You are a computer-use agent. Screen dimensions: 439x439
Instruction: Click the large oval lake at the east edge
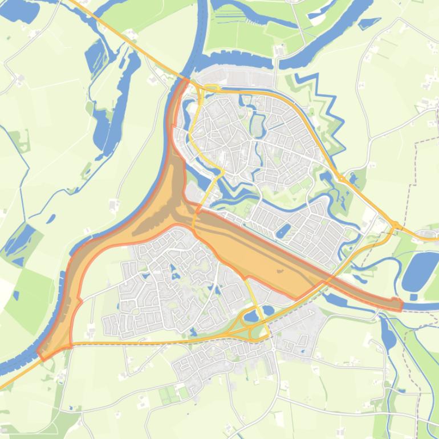(420, 270)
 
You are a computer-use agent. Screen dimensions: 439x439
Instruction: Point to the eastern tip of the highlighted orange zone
(401, 305)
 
